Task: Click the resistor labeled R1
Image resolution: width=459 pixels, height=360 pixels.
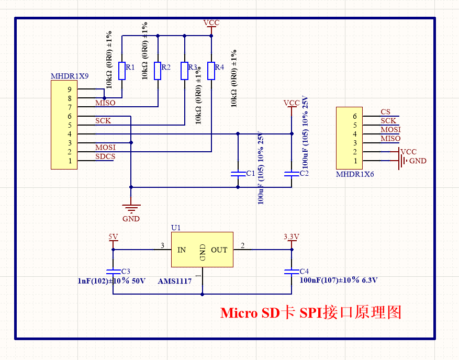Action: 121,71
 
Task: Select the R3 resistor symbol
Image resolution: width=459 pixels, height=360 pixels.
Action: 184,71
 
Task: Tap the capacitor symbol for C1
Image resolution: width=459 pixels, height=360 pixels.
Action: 238,173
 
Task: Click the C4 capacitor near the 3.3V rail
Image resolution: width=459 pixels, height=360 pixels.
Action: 292,272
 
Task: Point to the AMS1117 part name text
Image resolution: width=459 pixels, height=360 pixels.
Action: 174,281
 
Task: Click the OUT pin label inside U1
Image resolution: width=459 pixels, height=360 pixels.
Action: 219,250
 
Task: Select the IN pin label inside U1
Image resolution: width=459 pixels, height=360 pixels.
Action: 181,250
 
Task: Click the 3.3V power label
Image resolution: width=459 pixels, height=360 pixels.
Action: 291,237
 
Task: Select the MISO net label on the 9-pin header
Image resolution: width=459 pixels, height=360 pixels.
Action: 105,103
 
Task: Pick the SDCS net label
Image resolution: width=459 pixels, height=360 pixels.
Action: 105,156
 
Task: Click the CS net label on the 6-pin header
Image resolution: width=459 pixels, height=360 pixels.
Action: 385,112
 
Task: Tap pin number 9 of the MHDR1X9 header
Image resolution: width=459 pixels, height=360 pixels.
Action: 69,89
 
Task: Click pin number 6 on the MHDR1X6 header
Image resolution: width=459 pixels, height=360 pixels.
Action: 355,116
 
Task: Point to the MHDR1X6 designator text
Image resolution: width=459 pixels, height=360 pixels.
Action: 355,174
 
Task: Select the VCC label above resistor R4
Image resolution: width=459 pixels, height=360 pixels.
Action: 211,23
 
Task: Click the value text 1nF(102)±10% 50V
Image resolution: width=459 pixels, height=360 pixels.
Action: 111,281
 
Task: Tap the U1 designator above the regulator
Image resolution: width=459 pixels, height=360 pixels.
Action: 176,228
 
